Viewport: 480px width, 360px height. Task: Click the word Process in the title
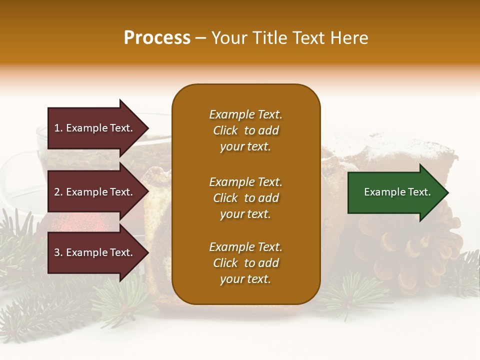tap(157, 38)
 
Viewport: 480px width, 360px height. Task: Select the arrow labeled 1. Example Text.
tap(95, 128)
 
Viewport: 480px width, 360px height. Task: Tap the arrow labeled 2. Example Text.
tap(95, 192)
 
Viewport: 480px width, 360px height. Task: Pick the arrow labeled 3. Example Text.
tap(95, 252)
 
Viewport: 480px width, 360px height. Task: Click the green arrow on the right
tap(395, 192)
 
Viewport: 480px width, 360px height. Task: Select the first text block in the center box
tap(245, 130)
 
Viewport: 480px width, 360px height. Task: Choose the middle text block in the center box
tap(245, 198)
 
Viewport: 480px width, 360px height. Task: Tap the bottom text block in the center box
tap(245, 263)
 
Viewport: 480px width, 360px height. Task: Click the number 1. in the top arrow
tap(58, 128)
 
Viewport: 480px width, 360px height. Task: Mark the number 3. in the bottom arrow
tap(58, 252)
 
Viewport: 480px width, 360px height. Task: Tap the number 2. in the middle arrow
tap(58, 192)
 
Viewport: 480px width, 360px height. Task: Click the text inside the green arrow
tap(397, 192)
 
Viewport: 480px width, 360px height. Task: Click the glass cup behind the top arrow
tap(25, 165)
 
